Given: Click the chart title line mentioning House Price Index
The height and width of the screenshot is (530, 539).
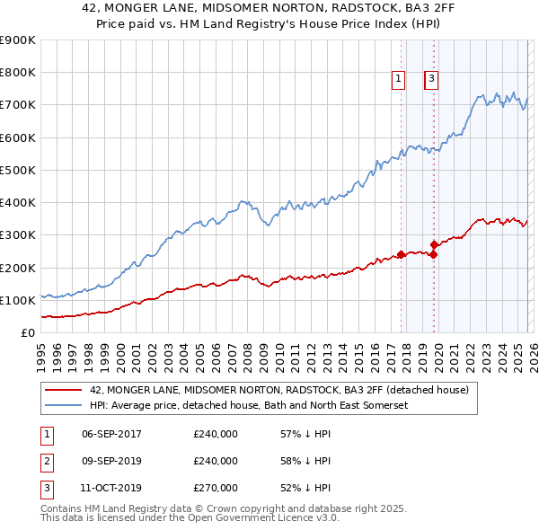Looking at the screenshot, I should (x=269, y=23).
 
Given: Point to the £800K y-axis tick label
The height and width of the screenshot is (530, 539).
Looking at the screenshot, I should (x=18, y=73).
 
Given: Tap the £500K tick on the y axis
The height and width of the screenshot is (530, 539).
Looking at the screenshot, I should (x=18, y=170).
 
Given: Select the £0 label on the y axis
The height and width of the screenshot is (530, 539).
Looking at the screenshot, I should (x=27, y=332).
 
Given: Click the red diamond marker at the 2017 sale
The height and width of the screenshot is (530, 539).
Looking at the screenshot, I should (x=401, y=254).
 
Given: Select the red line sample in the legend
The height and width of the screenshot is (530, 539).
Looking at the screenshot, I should (x=63, y=391).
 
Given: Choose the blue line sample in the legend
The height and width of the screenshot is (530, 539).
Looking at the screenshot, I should (x=63, y=406).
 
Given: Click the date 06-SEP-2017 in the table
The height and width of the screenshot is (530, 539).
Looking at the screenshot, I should (x=111, y=434).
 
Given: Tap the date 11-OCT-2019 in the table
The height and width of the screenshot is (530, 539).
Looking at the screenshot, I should (x=111, y=488).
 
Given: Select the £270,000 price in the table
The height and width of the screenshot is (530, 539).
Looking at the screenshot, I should (x=216, y=488).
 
